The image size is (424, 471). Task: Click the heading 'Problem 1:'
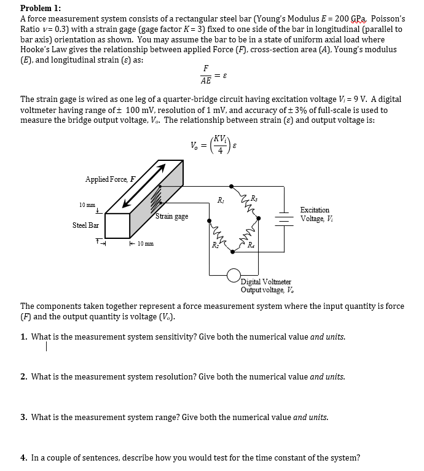[x=42, y=8]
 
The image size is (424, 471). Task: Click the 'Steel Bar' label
[x=85, y=225]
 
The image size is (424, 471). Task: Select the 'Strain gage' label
[x=171, y=216]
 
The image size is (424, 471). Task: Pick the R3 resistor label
[x=254, y=197]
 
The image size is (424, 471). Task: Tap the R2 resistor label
[x=216, y=246]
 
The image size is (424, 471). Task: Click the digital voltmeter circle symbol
[x=234, y=274]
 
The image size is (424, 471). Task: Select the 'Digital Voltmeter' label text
[x=266, y=282]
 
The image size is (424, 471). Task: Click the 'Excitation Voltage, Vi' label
[x=315, y=214]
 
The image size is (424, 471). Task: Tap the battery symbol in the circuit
[x=285, y=217]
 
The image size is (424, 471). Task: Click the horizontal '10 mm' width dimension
[x=146, y=244]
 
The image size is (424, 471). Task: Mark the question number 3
[x=23, y=417]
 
